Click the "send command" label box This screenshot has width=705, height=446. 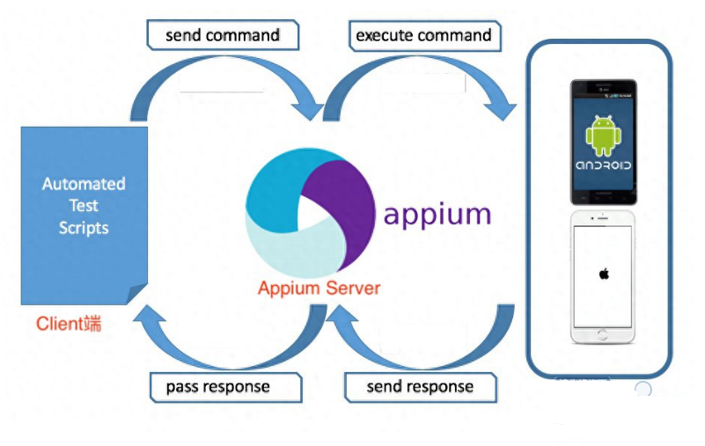click(222, 36)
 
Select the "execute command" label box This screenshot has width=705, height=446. click(422, 36)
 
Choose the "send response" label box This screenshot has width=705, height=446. click(419, 386)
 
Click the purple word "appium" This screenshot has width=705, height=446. click(437, 214)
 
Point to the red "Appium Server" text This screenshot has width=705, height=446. click(319, 288)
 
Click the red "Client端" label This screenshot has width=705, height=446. click(69, 324)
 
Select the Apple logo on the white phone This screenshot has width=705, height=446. click(604, 274)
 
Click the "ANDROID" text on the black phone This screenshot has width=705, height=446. click(603, 165)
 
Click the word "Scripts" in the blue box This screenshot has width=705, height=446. click(84, 228)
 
